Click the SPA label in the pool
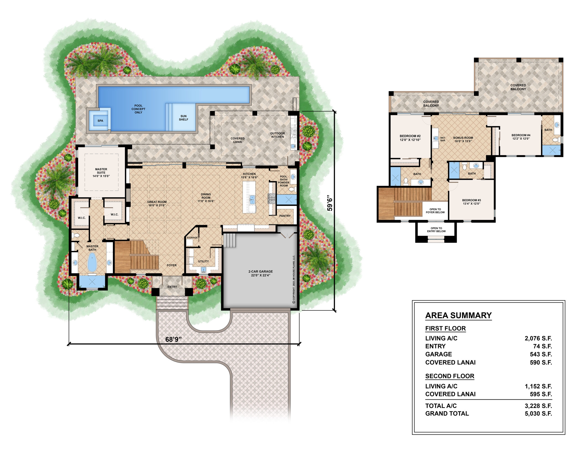click(100, 121)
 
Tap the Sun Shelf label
click(183, 118)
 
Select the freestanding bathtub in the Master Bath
click(92, 262)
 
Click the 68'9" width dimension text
click(173, 339)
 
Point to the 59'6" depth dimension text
click(330, 203)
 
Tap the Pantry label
click(285, 216)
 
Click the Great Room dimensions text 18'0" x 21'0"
click(157, 205)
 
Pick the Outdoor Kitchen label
click(278, 135)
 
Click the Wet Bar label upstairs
click(442, 139)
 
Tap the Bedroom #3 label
click(471, 202)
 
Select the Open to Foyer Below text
click(435, 211)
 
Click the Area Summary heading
click(458, 315)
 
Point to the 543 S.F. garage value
click(541, 354)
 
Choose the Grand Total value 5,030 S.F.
click(538, 414)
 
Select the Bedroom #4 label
click(521, 137)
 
